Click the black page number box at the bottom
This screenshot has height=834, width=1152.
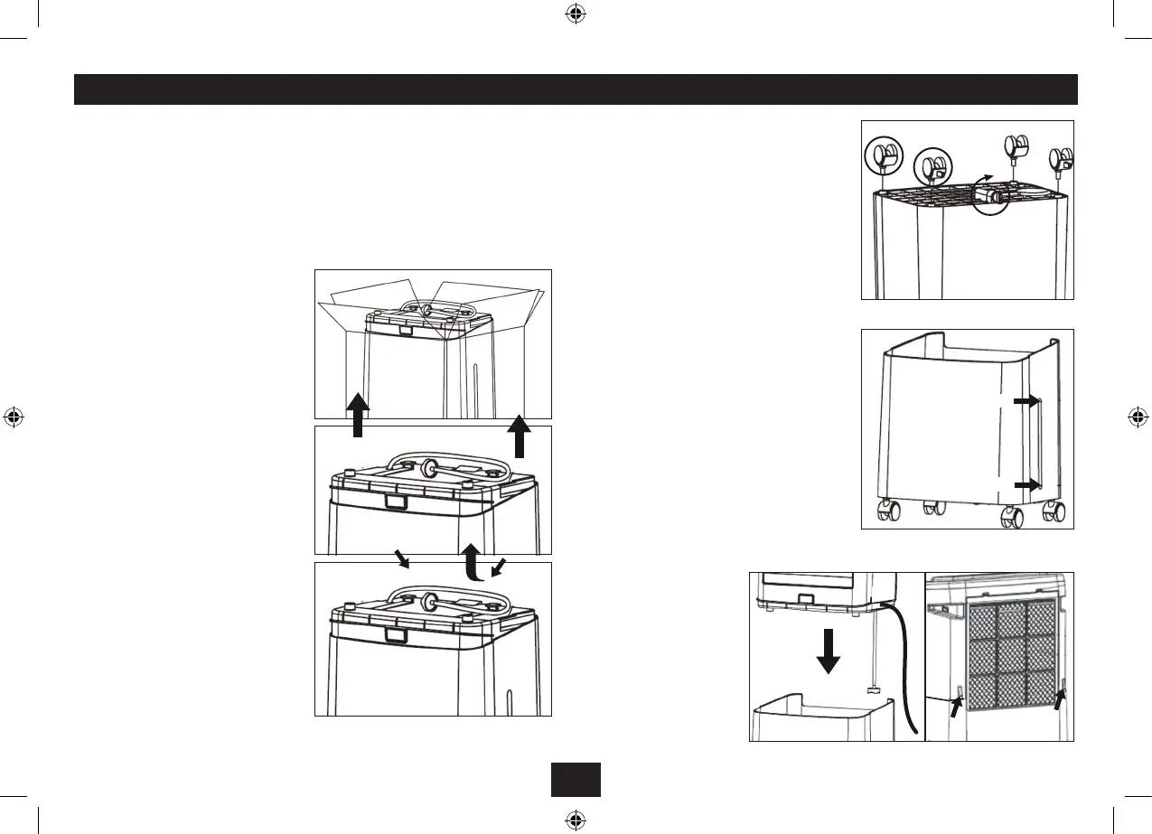576,780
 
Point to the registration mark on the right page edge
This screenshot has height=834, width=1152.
1138,417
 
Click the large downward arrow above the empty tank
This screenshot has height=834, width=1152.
829,650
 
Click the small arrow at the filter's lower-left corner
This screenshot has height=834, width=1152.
954,703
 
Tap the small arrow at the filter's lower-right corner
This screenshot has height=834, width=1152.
1061,698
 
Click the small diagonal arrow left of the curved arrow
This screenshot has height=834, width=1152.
400,559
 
